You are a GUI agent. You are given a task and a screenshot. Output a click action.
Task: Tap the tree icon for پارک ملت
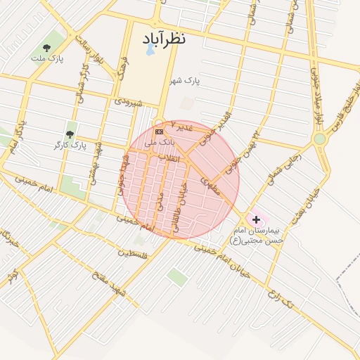46,48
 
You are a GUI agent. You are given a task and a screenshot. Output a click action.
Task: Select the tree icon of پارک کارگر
70,134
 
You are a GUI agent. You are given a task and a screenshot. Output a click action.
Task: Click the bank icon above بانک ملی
160,131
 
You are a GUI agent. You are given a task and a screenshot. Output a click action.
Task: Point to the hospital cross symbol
256,219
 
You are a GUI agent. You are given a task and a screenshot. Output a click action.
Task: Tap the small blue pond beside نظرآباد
149,50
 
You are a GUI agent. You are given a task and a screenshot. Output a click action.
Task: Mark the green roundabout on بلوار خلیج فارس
320,139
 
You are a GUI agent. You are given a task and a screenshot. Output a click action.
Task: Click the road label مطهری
210,185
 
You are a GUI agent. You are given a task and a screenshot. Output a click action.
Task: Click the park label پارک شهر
184,81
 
